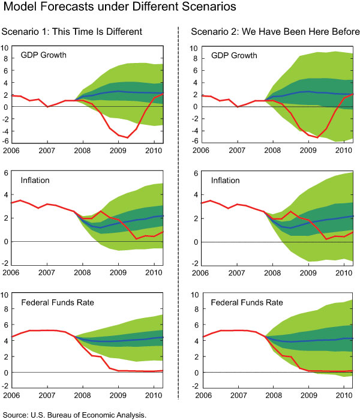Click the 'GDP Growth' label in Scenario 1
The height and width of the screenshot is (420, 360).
click(x=43, y=55)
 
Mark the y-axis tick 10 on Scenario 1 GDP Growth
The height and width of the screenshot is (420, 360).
click(x=6, y=47)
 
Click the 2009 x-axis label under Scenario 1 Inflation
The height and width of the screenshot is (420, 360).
click(x=119, y=273)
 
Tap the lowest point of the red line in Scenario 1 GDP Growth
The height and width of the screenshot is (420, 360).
click(x=127, y=137)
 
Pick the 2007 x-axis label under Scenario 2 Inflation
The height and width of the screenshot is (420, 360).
click(x=238, y=273)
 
